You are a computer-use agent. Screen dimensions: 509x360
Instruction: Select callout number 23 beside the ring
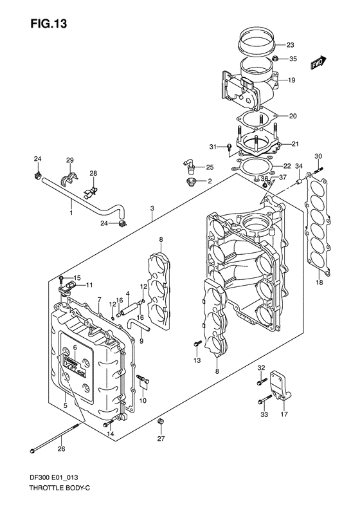coord(290,45)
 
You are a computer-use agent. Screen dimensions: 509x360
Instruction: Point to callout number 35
coord(292,59)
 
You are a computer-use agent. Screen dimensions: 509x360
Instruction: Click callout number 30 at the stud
coord(318,156)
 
